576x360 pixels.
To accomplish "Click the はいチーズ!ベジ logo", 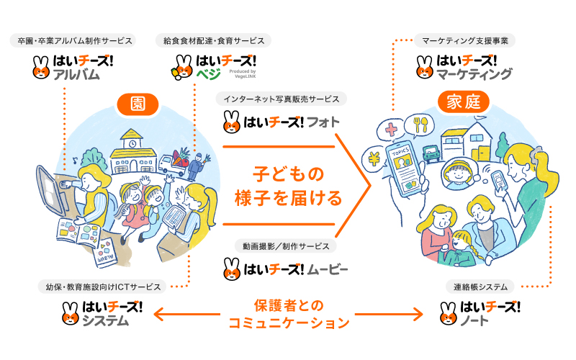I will click(213, 66).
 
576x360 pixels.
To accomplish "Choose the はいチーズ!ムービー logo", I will click(286, 271).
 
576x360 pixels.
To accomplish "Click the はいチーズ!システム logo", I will click(102, 314).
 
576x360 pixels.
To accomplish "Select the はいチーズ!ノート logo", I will click(480, 314).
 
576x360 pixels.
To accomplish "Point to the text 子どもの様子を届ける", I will click(287, 184).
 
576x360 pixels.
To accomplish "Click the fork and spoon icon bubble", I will click(416, 125).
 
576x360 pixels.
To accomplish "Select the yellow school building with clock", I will click(132, 143).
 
